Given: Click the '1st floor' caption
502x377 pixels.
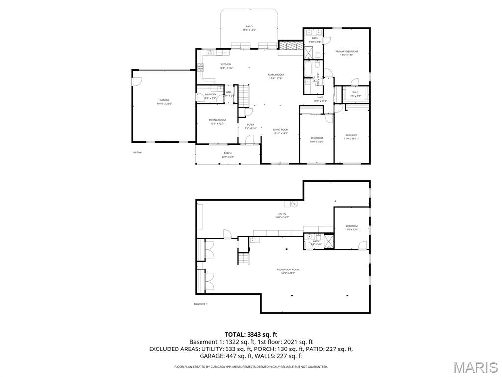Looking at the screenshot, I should (x=137, y=152).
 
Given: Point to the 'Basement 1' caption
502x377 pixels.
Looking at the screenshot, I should (x=200, y=304).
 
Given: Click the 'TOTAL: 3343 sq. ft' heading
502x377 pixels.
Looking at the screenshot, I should (x=251, y=334).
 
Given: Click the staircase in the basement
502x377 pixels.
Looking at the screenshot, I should (x=244, y=259).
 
